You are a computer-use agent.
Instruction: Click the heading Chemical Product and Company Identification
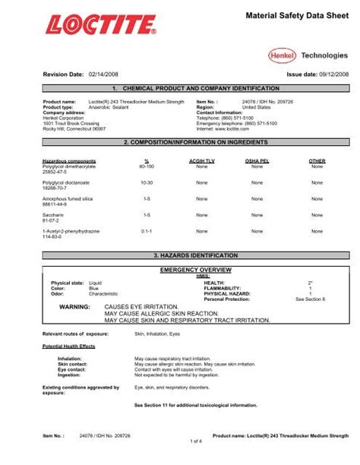pos(179,90)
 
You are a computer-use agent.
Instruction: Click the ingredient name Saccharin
pos(54,215)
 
